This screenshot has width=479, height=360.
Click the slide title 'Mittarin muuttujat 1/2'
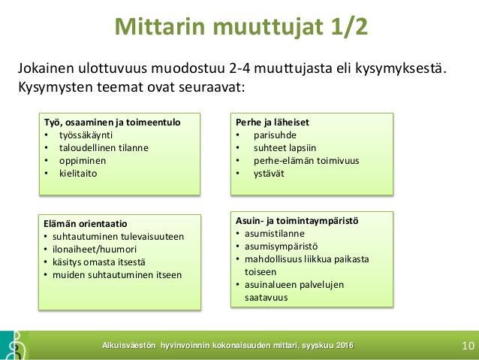click(x=241, y=26)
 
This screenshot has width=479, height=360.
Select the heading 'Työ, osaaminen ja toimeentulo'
click(x=112, y=123)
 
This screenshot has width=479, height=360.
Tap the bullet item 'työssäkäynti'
click(x=86, y=135)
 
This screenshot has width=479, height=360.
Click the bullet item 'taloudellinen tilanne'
click(x=104, y=148)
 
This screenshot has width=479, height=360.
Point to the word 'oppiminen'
click(x=83, y=161)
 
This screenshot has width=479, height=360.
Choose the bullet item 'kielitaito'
click(x=78, y=174)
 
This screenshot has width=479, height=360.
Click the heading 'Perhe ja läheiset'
click(x=273, y=123)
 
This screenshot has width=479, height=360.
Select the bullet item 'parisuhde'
click(x=275, y=135)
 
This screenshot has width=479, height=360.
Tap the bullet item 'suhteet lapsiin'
click(x=285, y=148)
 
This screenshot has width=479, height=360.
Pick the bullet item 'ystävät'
click(x=269, y=174)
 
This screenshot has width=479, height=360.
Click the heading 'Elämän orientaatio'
click(x=86, y=223)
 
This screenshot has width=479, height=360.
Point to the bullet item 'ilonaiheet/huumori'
click(x=95, y=250)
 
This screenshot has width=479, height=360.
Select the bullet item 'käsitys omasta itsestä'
click(x=99, y=262)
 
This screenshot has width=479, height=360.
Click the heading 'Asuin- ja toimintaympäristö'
click(x=297, y=221)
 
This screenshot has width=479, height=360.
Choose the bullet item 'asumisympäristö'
click(x=281, y=247)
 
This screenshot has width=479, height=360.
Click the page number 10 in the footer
click(x=468, y=346)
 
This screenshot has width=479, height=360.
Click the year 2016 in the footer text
click(x=345, y=346)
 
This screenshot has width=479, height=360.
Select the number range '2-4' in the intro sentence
click(x=239, y=68)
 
